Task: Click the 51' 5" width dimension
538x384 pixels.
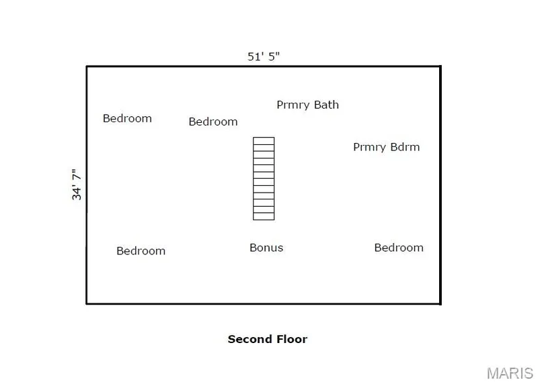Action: coord(264,56)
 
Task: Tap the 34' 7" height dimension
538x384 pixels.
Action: coord(77,185)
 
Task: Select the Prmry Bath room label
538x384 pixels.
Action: coord(307,105)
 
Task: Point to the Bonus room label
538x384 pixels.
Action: coord(266,248)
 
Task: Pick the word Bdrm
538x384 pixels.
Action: coord(405,146)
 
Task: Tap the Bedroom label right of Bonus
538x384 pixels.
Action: coord(399,248)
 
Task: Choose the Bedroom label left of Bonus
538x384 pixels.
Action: coord(141,251)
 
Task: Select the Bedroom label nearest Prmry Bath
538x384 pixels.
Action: coord(213,122)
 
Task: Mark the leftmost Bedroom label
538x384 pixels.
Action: coord(127,119)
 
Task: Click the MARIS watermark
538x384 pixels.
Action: coord(510,373)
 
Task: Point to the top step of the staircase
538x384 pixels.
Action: coord(264,141)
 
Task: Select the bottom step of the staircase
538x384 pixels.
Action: coord(264,216)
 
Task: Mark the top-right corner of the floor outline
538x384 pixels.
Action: coord(440,66)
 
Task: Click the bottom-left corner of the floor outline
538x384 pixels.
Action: coord(87,303)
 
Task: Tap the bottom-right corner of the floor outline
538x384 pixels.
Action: coord(440,303)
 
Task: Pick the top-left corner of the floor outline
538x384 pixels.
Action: coord(87,66)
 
